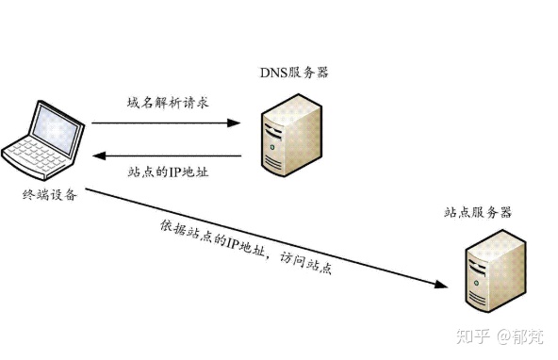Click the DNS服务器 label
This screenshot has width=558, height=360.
pos(294,73)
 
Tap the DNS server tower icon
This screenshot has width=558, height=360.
pos(291,135)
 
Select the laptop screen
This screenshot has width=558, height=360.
pos(56,129)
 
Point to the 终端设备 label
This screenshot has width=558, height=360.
pos(49,194)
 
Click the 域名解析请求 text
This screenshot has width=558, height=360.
pos(168,103)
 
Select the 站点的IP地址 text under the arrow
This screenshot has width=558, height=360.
pos(168,172)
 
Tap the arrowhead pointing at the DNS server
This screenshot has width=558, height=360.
pos(234,123)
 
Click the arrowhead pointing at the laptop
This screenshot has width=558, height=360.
pos(99,155)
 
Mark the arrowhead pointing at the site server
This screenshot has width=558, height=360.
pos(441,285)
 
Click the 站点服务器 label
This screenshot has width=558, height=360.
pos(478,212)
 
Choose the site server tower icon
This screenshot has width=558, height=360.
pos(496,271)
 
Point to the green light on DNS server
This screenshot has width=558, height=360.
pos(272,147)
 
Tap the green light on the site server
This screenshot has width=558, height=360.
pos(477,283)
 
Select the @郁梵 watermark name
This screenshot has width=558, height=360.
pos(520,336)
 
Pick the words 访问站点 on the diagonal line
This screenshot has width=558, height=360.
pos(305,263)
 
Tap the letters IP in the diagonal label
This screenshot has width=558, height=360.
pos(231,244)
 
